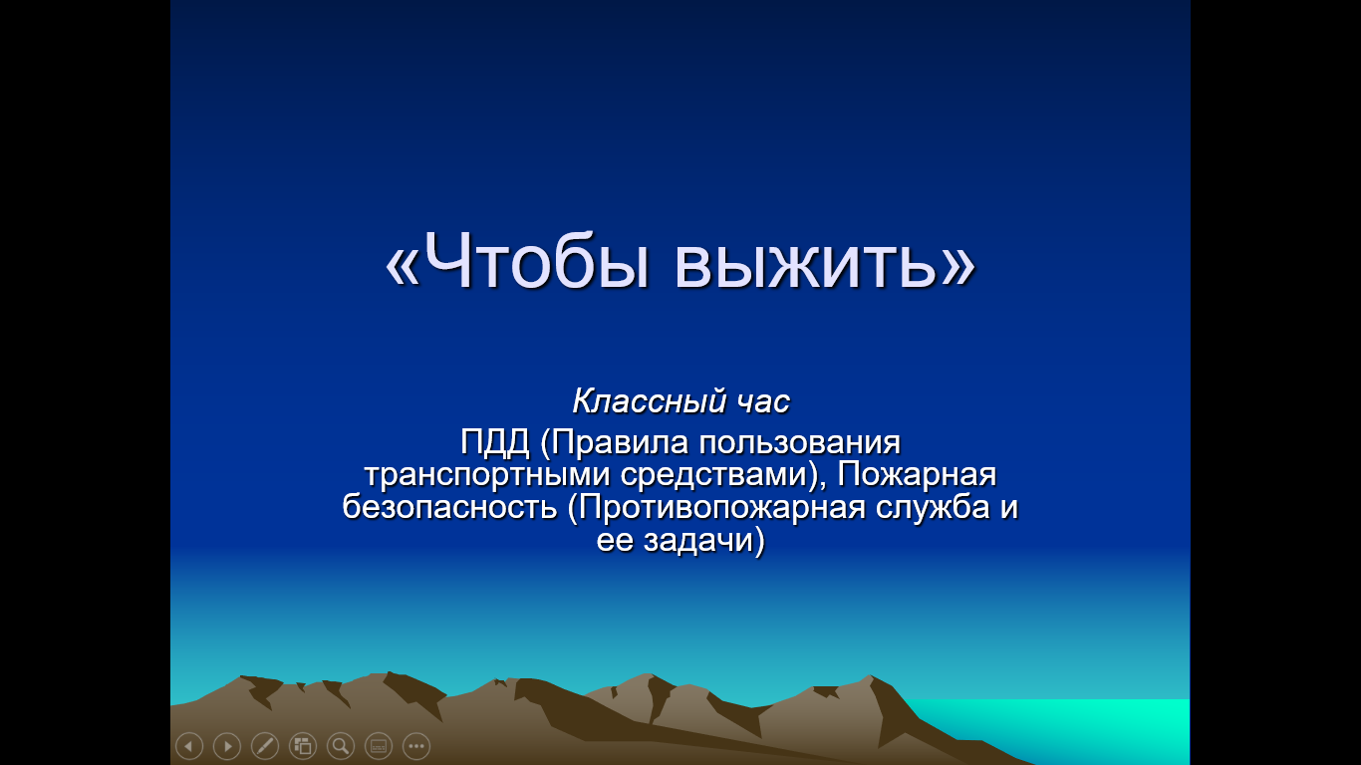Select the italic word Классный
pos(649,401)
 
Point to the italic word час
pos(764,402)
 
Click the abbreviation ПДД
pos(495,443)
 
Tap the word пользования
pos(800,443)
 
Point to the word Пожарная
pos(917,474)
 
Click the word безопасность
pos(449,507)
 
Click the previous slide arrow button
pos(189,745)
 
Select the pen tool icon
pos(265,745)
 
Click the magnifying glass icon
pos(341,745)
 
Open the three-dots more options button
pos(416,745)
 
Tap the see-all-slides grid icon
pos(303,745)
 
